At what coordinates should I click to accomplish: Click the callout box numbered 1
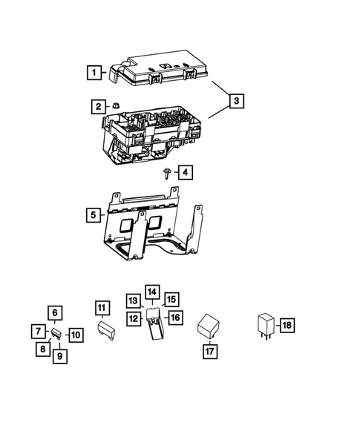(x=94, y=73)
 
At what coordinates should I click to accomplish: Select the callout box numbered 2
(x=98, y=107)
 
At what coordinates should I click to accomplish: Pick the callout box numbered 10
(x=75, y=335)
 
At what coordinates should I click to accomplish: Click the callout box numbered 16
(x=174, y=317)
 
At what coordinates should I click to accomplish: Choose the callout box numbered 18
(x=287, y=325)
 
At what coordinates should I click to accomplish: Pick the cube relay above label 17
(x=208, y=327)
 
